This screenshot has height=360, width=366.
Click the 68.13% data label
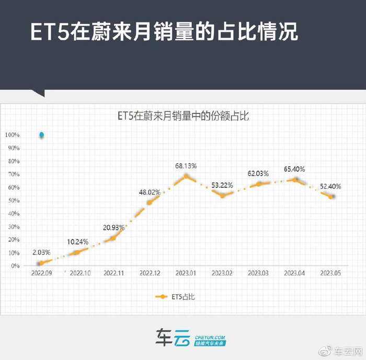pos(186,166)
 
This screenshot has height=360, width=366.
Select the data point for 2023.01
pos(186,176)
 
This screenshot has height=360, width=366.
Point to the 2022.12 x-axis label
pos(150,273)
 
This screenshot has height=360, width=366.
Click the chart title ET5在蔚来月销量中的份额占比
pos(182,116)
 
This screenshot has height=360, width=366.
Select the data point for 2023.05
pos(331,196)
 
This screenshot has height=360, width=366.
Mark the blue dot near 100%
pos(41,135)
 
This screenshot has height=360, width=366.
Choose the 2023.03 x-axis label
pos(258,273)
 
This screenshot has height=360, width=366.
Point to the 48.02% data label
pos(150,192)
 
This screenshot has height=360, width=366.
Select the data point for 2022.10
pos(77,252)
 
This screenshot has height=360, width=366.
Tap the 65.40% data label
pos(295,169)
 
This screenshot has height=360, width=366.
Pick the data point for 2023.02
pos(223,195)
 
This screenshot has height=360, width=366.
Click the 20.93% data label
pos(113,228)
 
